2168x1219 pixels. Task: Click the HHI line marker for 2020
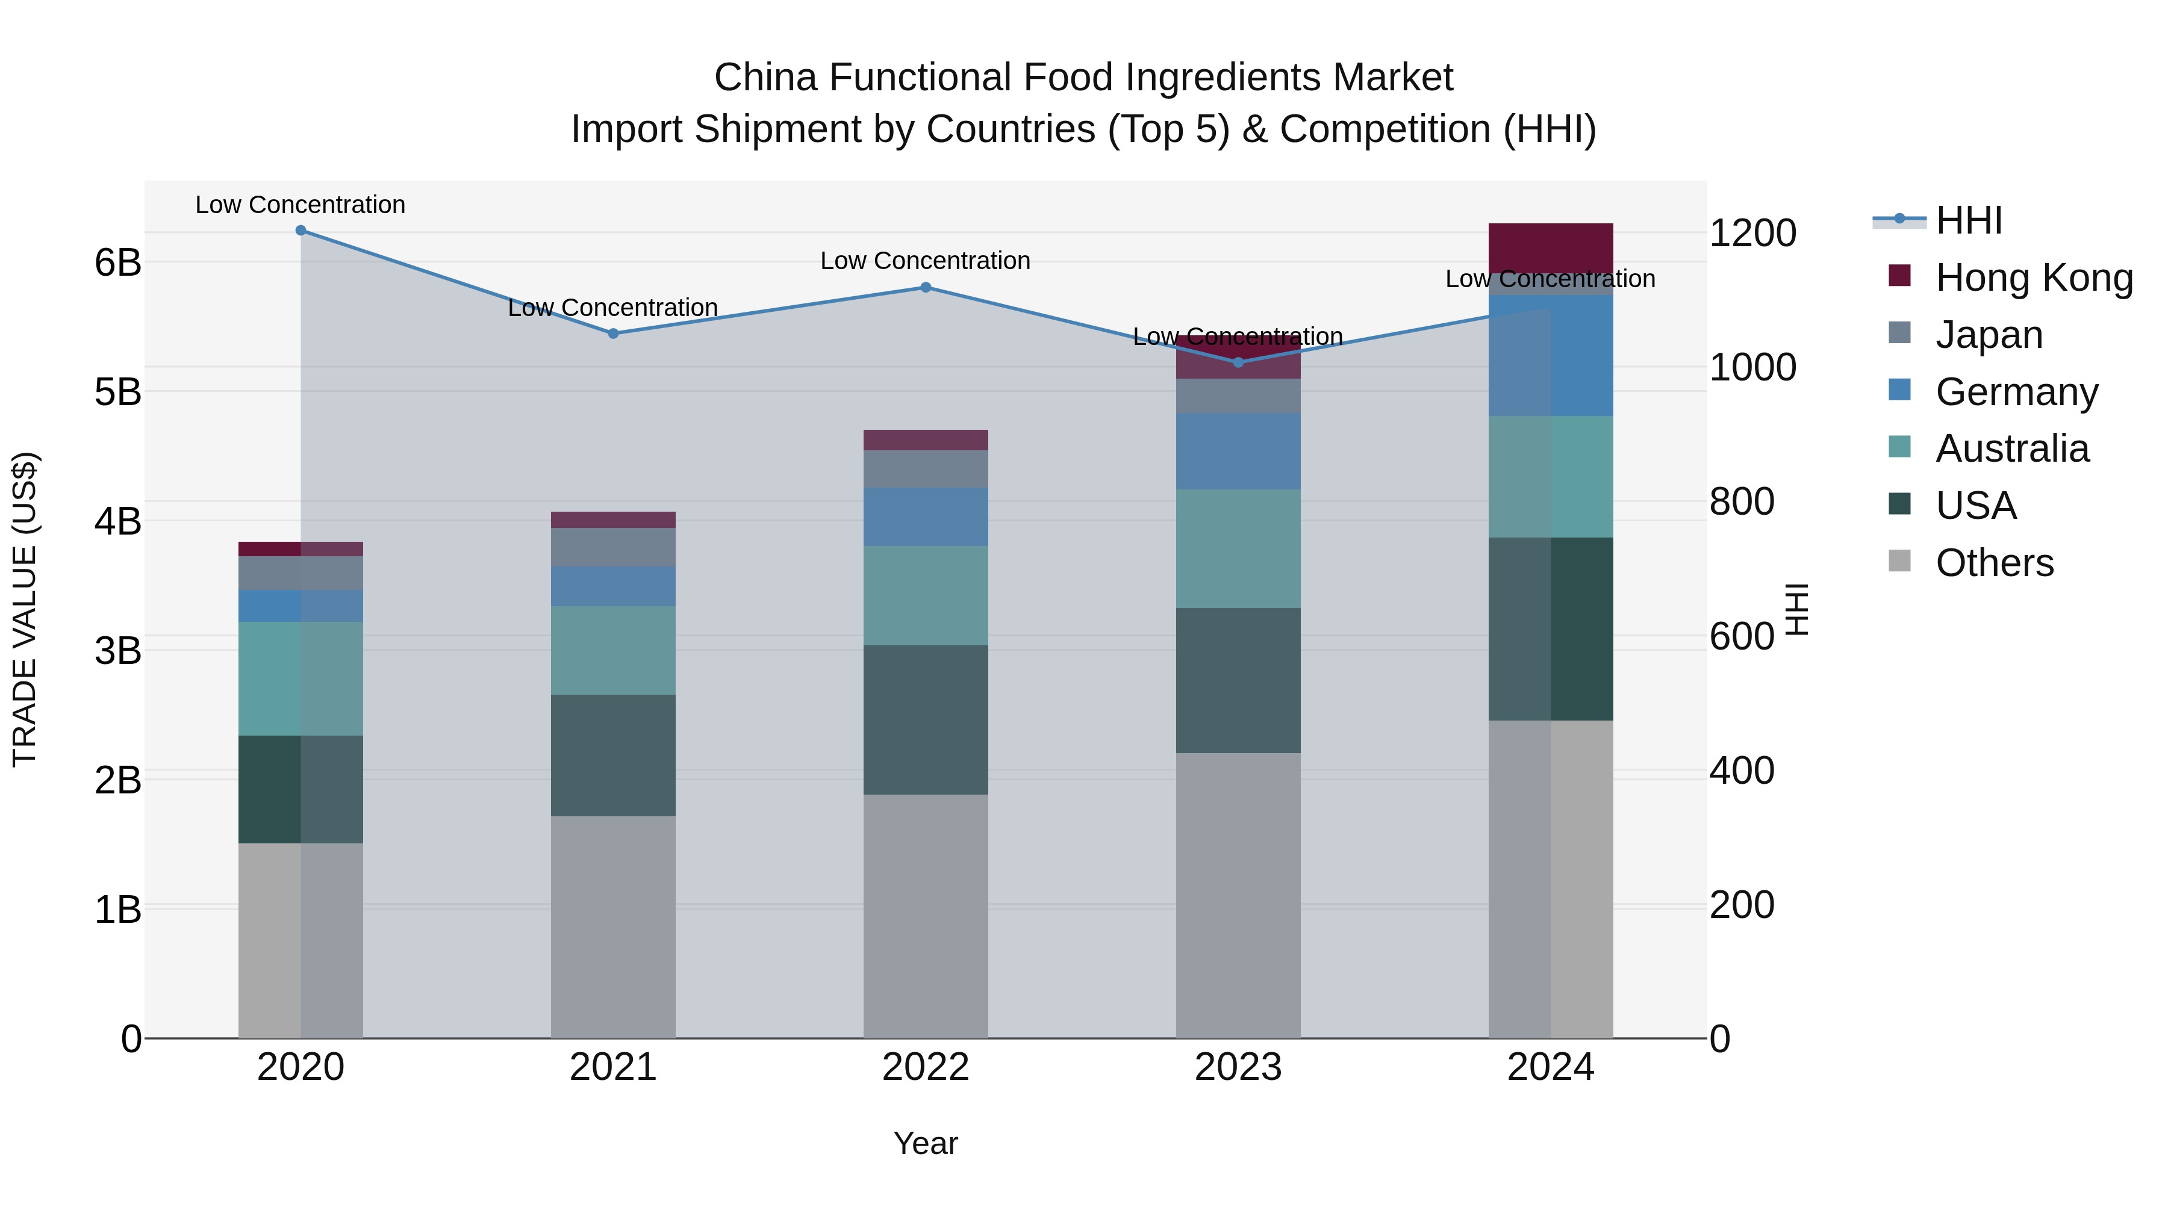(301, 231)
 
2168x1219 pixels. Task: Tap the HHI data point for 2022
(925, 288)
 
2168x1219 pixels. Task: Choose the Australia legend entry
(2011, 448)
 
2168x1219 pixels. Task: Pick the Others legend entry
(1994, 563)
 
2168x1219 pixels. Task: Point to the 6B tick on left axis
(118, 262)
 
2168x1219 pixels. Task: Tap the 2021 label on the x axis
(612, 1067)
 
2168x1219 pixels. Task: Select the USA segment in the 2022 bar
(925, 720)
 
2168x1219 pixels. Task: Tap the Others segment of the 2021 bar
(612, 925)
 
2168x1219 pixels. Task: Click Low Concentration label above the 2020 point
(301, 205)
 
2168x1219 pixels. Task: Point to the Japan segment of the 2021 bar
(612, 548)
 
